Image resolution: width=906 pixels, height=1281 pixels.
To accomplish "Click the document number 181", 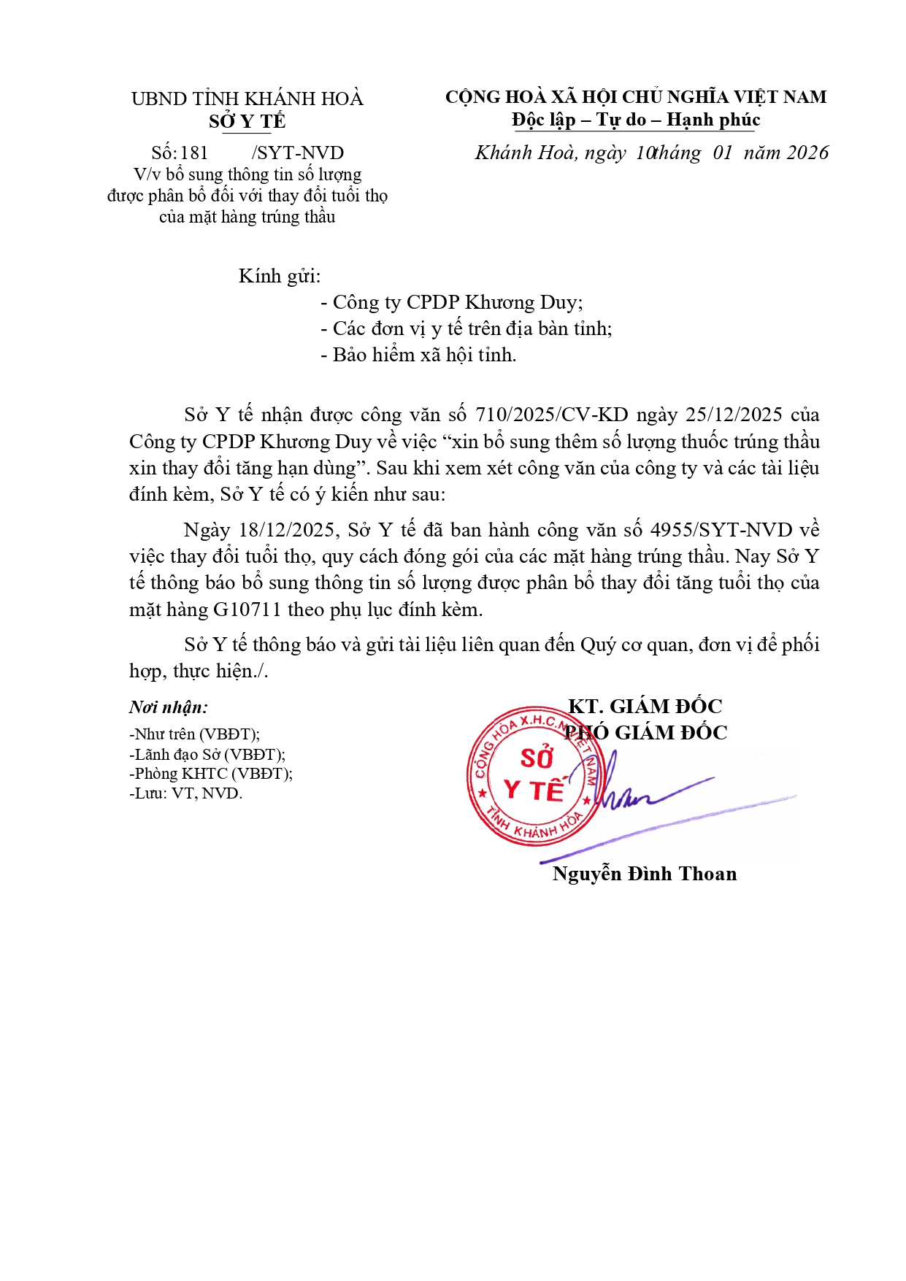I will (194, 153).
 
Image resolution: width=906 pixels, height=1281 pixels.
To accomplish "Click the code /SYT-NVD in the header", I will (298, 153).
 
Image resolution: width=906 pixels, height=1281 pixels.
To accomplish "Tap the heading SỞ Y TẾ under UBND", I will (247, 121).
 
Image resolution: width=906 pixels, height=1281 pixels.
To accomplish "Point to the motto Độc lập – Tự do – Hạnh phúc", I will (636, 120).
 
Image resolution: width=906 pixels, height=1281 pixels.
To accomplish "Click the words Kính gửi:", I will (280, 276).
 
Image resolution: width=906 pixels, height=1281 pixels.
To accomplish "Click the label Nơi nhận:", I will (169, 707).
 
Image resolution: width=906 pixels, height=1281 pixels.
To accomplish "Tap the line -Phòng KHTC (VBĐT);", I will (211, 774).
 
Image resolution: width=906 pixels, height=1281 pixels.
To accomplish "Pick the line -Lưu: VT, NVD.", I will (185, 793).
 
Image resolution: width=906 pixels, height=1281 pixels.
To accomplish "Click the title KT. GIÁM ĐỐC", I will (645, 706).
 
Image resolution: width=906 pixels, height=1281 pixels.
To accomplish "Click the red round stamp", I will (534, 776).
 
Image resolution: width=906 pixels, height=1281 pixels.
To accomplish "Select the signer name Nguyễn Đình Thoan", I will (645, 874).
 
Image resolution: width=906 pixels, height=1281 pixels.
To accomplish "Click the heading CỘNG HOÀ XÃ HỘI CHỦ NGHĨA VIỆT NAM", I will (636, 97).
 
